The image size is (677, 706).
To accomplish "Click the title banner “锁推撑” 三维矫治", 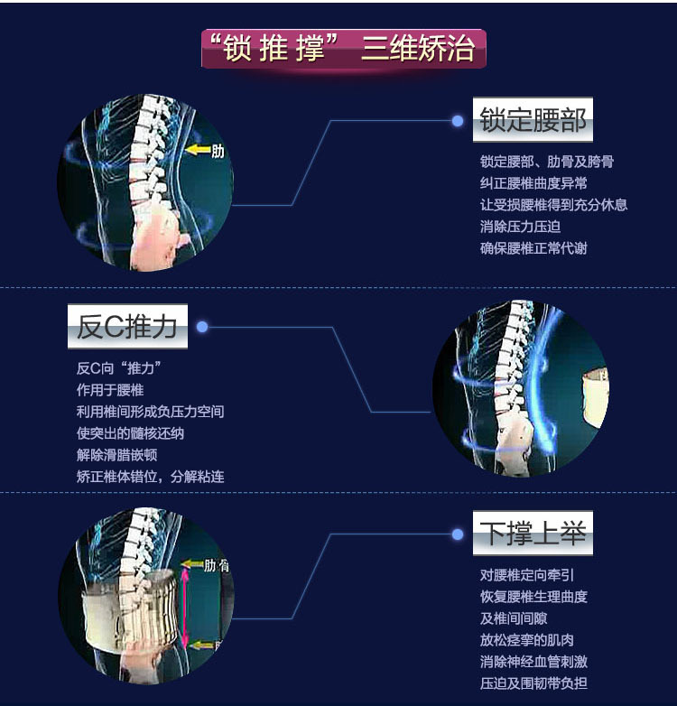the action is (x=343, y=49).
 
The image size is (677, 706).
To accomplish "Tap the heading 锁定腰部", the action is (x=533, y=120).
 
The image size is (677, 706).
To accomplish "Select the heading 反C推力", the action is (x=127, y=326).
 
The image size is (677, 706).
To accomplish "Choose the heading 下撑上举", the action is (x=533, y=534).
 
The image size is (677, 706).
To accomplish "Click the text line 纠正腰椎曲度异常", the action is (x=533, y=183).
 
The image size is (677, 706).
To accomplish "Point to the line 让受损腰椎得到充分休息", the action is (x=553, y=205).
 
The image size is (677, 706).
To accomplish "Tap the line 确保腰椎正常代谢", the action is (x=533, y=247).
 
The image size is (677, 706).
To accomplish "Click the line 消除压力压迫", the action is (x=520, y=227).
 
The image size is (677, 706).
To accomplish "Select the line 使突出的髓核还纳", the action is (x=130, y=433).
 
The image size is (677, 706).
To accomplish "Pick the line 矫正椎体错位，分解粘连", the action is (x=150, y=476).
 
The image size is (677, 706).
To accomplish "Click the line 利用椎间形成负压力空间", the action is (x=150, y=412).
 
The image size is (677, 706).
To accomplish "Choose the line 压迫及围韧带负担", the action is (x=533, y=683).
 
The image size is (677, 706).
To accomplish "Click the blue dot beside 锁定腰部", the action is (x=458, y=120).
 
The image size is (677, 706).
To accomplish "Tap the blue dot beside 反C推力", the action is (x=202, y=327).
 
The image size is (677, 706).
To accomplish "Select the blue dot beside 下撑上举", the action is (x=458, y=534).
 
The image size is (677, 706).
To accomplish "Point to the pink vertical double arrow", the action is (x=186, y=603).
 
